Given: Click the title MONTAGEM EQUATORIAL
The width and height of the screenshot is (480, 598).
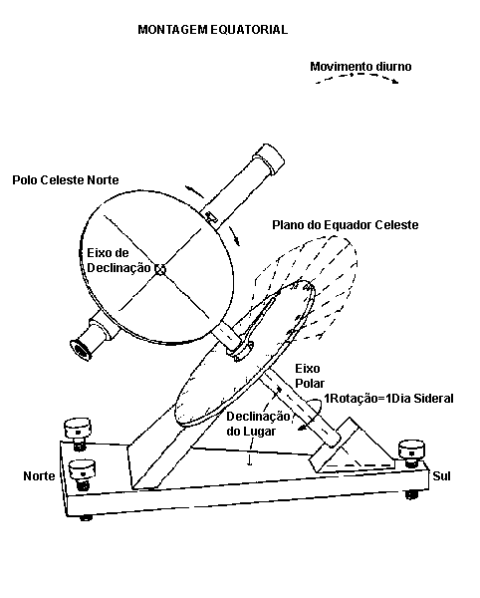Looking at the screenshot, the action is pyautogui.click(x=212, y=30).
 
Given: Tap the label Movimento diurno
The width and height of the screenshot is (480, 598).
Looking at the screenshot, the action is pyautogui.click(x=360, y=67).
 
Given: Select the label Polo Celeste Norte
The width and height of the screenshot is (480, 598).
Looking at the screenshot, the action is pyautogui.click(x=66, y=180).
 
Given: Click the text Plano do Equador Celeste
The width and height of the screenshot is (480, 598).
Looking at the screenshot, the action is pyautogui.click(x=346, y=225).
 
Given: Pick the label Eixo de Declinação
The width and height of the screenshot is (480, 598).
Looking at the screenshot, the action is pyautogui.click(x=119, y=260).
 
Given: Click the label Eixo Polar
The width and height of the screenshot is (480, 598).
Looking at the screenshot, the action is pyautogui.click(x=310, y=376).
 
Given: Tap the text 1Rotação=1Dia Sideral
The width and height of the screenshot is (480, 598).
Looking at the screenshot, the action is pyautogui.click(x=388, y=399).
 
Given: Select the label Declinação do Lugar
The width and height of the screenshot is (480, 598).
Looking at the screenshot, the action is pyautogui.click(x=258, y=424).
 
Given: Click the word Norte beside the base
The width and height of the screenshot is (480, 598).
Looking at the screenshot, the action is pyautogui.click(x=39, y=476).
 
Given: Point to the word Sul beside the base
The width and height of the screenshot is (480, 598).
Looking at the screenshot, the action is pyautogui.click(x=441, y=476).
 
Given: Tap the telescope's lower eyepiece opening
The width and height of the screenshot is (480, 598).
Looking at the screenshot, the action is pyautogui.click(x=80, y=350).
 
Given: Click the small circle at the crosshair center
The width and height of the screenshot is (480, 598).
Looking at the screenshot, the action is pyautogui.click(x=160, y=269).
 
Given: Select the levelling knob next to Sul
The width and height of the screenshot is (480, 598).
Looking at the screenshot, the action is pyautogui.click(x=411, y=452).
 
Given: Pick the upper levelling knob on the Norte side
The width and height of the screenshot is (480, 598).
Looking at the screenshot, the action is pyautogui.click(x=78, y=432).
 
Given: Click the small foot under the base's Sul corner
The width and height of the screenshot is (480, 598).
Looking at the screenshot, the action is pyautogui.click(x=411, y=495).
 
